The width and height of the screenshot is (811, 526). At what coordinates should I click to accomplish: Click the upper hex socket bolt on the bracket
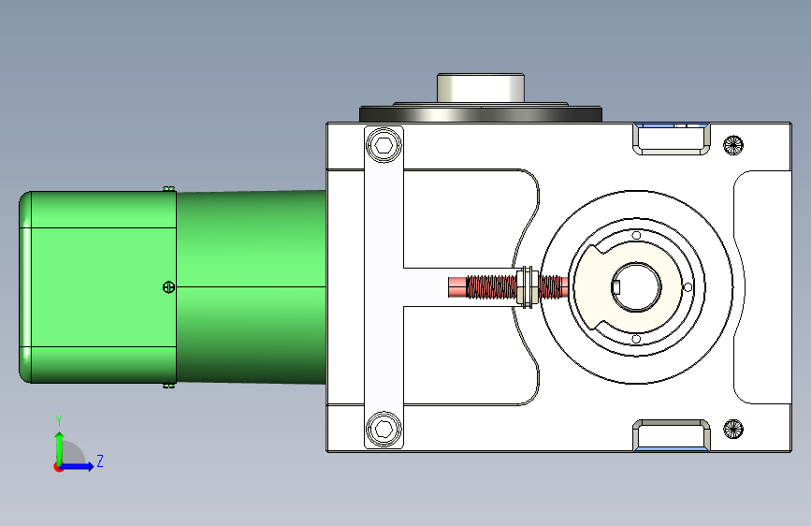point(384,145)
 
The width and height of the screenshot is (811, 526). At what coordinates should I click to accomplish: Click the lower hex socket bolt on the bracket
point(384,429)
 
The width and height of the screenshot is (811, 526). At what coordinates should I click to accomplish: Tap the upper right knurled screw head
point(733,145)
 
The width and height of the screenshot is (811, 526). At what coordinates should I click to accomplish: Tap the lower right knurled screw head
point(733,429)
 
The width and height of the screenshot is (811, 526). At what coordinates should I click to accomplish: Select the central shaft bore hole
point(636,286)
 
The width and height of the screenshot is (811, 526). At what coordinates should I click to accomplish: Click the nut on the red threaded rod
point(527,286)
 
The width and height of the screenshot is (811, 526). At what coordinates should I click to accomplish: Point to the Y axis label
point(59,420)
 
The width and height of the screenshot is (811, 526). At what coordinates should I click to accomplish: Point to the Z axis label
point(100,460)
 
